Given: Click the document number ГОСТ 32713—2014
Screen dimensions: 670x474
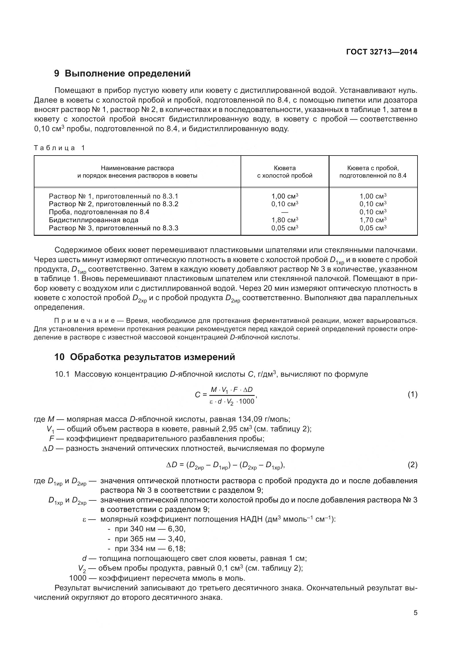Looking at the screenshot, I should pos(381,52).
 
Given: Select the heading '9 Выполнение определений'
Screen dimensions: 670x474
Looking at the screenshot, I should pos(122,73).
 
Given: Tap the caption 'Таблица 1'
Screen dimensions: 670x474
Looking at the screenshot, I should pos(59,148).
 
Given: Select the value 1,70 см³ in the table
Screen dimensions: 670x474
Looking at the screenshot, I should pos(373,220).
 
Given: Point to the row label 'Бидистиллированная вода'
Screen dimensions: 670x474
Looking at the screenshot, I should pos(93,220).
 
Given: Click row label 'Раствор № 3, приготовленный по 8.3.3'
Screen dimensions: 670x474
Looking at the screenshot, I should pos(113,228).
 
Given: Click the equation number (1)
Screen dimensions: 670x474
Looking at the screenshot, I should pos(412,394).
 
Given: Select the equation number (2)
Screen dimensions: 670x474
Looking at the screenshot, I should pos(412,465).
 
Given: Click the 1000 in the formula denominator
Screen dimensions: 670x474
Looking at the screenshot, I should pos(247,401).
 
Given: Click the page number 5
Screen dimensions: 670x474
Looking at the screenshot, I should pos(415,613).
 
